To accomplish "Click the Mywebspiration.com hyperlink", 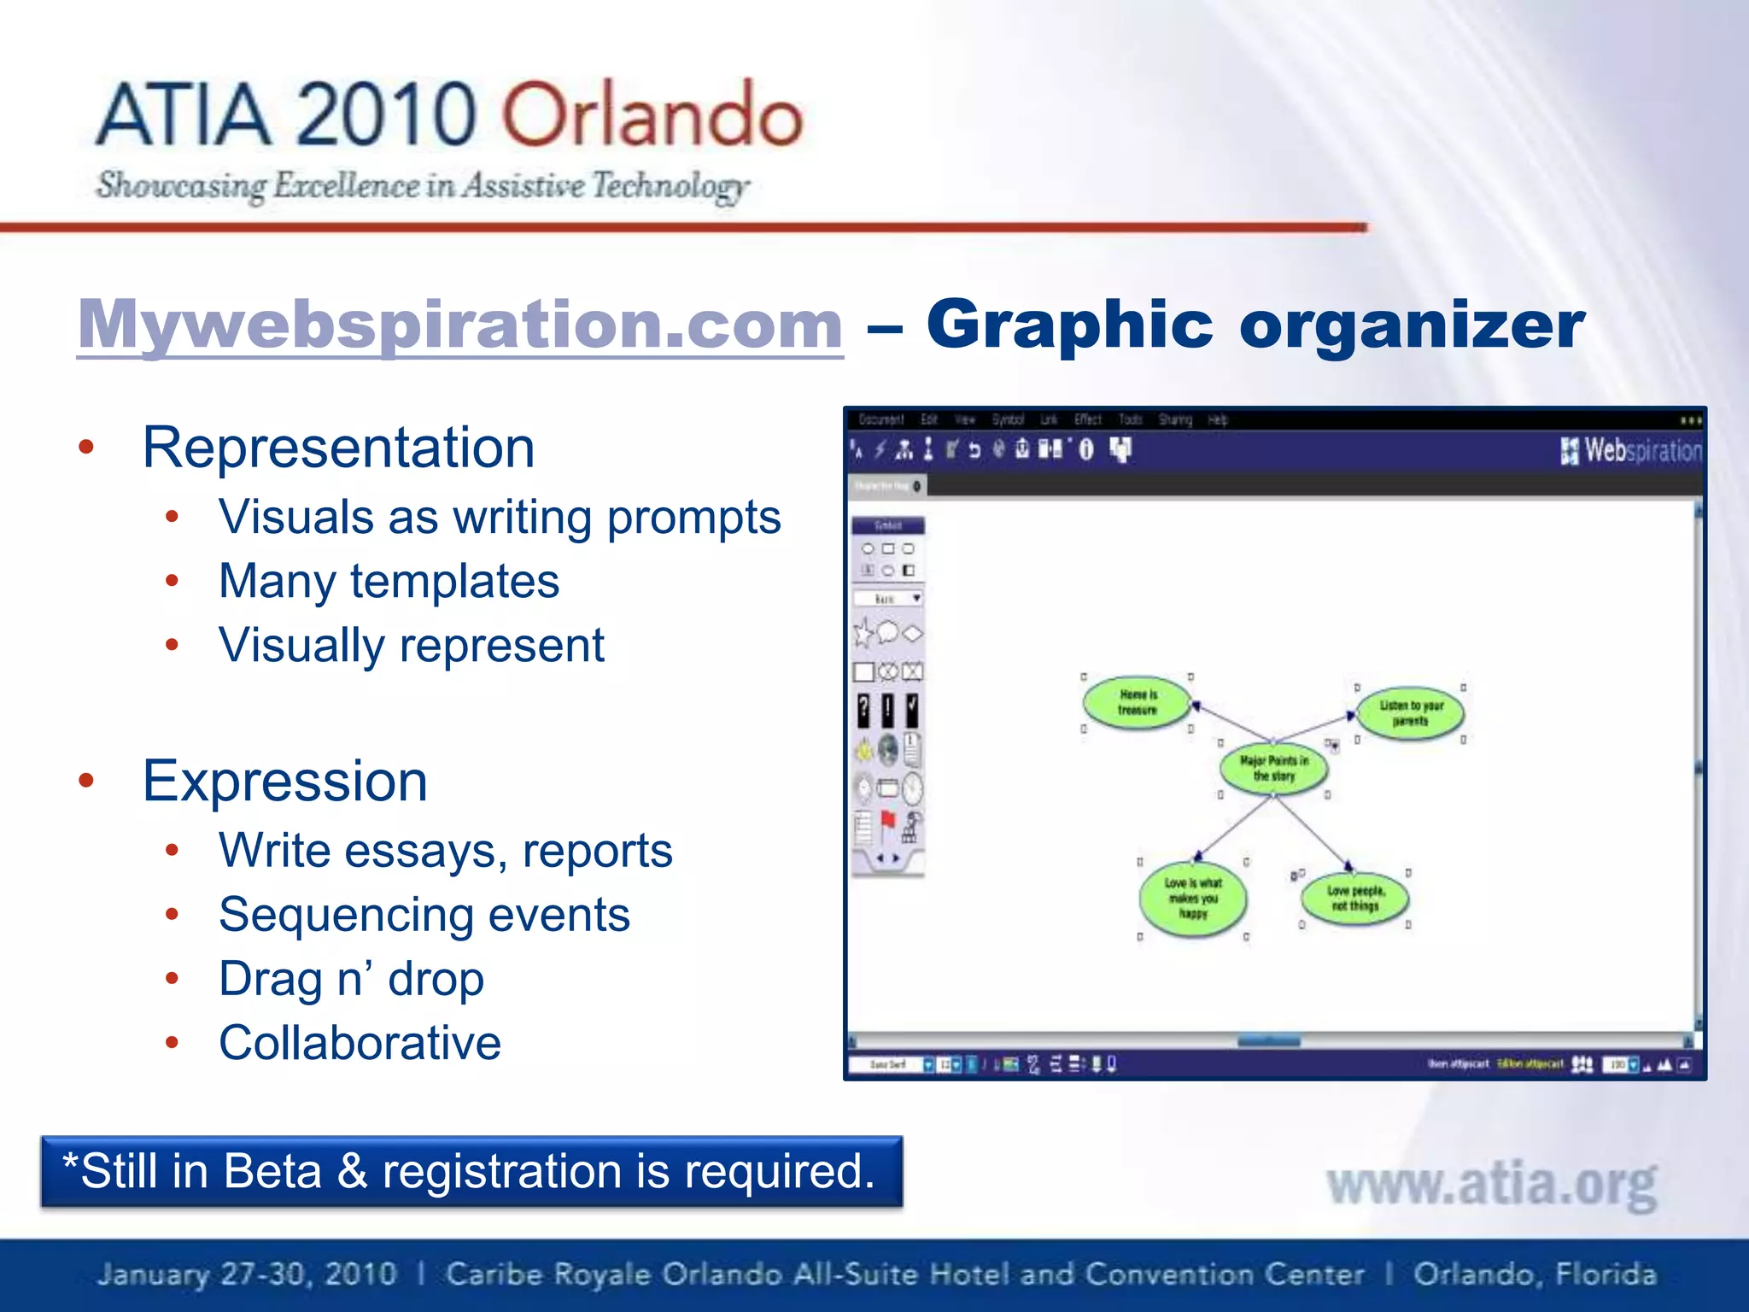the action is pos(459,325).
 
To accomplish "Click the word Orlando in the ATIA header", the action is pos(652,114).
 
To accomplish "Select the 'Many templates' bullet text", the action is pos(389,582).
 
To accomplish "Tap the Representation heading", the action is pos(338,448).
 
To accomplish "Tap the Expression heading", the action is pos(284,781).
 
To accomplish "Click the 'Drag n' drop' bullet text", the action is pos(351,979).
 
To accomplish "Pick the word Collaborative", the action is pos(360,1043).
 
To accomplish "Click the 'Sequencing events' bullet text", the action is pos(424,915).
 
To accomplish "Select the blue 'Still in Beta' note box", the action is pos(471,1171).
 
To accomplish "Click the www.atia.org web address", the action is pos(1491,1185).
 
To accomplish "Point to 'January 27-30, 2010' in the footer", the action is pos(247,1274).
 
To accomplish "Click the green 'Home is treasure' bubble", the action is pos(1137,702).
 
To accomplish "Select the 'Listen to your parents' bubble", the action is pos(1410,713).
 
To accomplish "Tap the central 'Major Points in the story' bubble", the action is pos(1273,768).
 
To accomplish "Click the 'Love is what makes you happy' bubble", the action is pos(1193,898).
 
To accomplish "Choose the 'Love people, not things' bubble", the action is pos(1354,898).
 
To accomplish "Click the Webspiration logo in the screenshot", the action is pos(1631,450).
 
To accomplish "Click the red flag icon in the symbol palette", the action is pos(888,822).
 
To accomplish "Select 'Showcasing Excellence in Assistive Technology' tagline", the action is pos(422,185).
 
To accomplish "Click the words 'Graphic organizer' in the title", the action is pos(1255,325).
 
